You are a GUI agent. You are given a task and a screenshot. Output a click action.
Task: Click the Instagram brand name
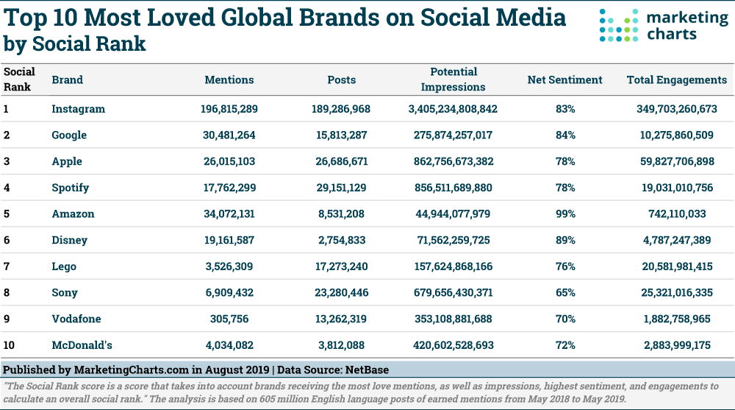point(78,109)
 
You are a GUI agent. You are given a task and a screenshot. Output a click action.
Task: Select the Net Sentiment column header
point(564,79)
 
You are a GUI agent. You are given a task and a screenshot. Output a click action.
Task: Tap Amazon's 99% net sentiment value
point(565,213)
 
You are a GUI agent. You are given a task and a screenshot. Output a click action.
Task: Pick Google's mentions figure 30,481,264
point(229,135)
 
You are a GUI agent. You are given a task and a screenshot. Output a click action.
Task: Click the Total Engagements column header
point(676,79)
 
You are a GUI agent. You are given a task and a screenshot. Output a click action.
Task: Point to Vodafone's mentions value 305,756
point(229,319)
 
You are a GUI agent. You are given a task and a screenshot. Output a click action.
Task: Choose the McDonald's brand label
point(82,344)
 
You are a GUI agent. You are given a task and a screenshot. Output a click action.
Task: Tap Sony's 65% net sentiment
point(565,292)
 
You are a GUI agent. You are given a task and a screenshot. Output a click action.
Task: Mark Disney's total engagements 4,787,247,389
point(676,240)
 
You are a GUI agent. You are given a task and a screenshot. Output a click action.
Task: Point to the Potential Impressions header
point(453,79)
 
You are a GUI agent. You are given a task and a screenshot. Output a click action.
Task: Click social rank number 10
point(10,344)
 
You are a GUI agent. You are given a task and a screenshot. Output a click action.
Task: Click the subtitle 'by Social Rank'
point(74,44)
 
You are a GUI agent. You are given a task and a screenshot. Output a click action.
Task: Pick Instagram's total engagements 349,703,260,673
point(676,109)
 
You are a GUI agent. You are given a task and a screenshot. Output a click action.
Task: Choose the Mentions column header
point(229,79)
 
